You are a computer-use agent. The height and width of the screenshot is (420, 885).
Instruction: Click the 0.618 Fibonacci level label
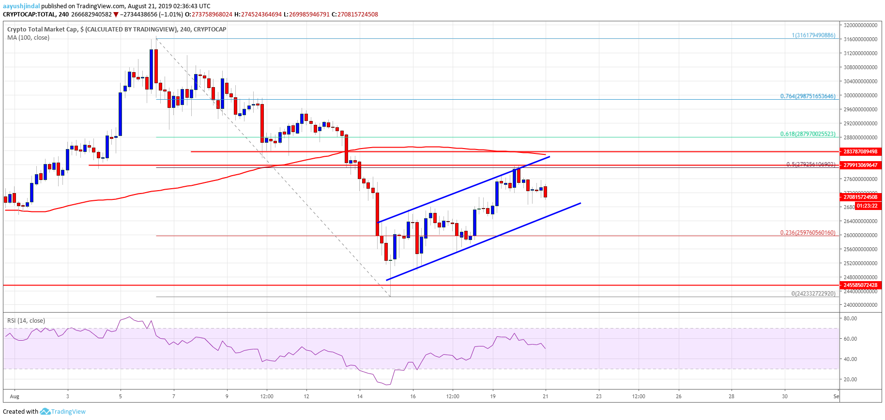pos(808,134)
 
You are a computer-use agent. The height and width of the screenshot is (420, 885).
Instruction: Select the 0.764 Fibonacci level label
pos(808,96)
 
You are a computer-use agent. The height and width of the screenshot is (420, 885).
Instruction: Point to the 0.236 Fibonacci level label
pos(808,232)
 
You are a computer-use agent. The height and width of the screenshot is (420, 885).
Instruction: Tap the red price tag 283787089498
pos(860,151)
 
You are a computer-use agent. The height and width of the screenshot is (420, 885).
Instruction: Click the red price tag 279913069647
pos(860,165)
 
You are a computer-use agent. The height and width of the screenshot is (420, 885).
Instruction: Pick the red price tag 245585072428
pos(860,285)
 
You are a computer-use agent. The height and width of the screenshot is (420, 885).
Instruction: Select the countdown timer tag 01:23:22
pos(866,206)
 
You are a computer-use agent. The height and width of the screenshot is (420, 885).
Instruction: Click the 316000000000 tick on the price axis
pos(860,39)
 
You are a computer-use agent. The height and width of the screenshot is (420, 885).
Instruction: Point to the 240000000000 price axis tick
pos(860,305)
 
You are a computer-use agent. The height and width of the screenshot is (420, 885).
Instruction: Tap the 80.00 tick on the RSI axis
pos(850,318)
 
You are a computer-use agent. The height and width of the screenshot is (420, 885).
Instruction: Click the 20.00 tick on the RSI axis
pos(850,379)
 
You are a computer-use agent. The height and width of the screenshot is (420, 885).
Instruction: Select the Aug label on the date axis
pos(15,396)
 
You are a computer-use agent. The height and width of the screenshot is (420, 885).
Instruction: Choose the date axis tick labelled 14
pos(360,396)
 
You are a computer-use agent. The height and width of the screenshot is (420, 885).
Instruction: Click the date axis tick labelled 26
pos(679,396)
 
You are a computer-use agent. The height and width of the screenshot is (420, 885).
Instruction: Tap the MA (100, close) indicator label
pos(28,37)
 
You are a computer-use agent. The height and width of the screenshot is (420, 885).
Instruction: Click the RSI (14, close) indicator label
pos(26,320)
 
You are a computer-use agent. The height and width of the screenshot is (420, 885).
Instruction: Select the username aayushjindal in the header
pos(21,6)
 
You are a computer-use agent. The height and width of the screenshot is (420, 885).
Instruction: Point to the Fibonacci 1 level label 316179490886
pos(813,35)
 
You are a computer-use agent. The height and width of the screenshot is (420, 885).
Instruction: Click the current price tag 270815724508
pos(860,197)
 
